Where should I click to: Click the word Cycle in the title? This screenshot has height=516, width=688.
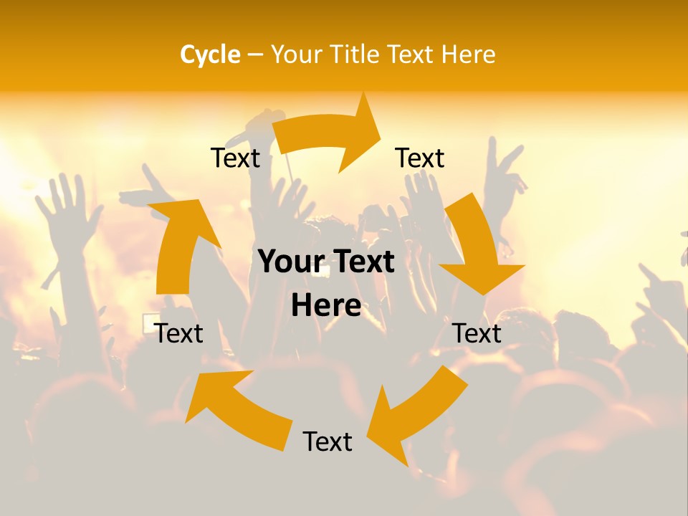(x=209, y=54)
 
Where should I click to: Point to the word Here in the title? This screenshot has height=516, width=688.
(x=465, y=54)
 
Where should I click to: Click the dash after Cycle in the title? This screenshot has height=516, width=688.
(x=255, y=55)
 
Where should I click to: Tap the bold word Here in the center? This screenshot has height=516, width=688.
(x=326, y=306)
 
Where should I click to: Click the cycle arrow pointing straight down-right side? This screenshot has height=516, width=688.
(x=477, y=244)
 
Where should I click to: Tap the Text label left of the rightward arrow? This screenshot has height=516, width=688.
(x=235, y=158)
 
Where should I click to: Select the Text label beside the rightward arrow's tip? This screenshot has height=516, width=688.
(x=420, y=158)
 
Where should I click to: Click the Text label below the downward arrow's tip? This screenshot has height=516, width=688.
(x=477, y=333)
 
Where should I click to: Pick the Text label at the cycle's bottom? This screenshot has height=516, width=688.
(x=328, y=441)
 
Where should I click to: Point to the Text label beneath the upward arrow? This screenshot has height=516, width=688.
(x=178, y=333)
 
